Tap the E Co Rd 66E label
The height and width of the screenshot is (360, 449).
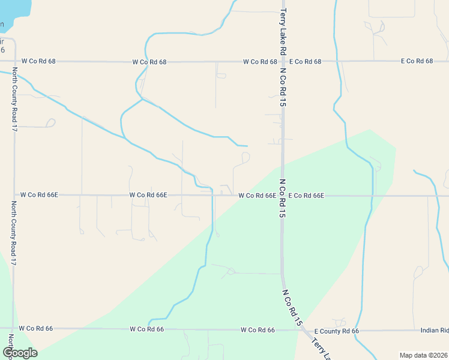coord(306,196)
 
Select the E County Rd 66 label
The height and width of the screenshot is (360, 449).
coord(337,331)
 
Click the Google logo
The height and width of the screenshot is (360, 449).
coord(19,352)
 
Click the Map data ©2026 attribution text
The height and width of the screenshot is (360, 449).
coord(423,355)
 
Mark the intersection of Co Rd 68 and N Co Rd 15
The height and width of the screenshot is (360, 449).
coord(283,61)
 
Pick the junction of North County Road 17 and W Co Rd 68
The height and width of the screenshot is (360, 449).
coord(14,61)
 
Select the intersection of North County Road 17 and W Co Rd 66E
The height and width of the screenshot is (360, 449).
coord(14,195)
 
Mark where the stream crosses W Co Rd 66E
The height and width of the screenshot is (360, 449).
coord(212,195)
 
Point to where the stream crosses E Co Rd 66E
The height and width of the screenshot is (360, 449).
coord(373,196)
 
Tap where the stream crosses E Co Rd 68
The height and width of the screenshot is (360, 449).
coord(339,61)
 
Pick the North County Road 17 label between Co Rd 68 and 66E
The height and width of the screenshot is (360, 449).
coord(14,99)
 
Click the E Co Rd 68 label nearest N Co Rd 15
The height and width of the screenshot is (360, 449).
coord(305,61)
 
